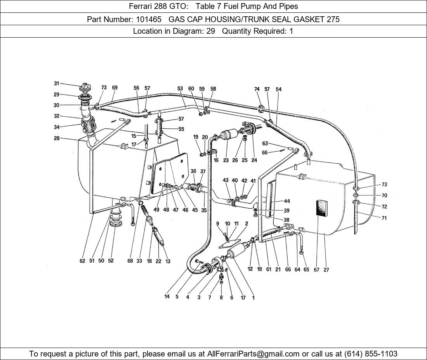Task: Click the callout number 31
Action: point(56,83)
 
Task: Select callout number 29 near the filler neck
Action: point(56,94)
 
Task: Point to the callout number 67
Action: point(317,270)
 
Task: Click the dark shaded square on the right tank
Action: point(323,213)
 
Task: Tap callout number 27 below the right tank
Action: point(326,270)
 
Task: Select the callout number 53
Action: point(180,89)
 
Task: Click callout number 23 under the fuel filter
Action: point(226,160)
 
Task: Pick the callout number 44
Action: point(287,201)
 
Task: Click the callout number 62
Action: point(82,261)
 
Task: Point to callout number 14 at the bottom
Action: point(167,297)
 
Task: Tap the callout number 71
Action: point(384,218)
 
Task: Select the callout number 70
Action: point(384,196)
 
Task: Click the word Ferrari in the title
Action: point(141,6)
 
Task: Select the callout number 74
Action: point(257,89)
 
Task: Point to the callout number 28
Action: point(57,138)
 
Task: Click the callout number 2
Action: point(246,223)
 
